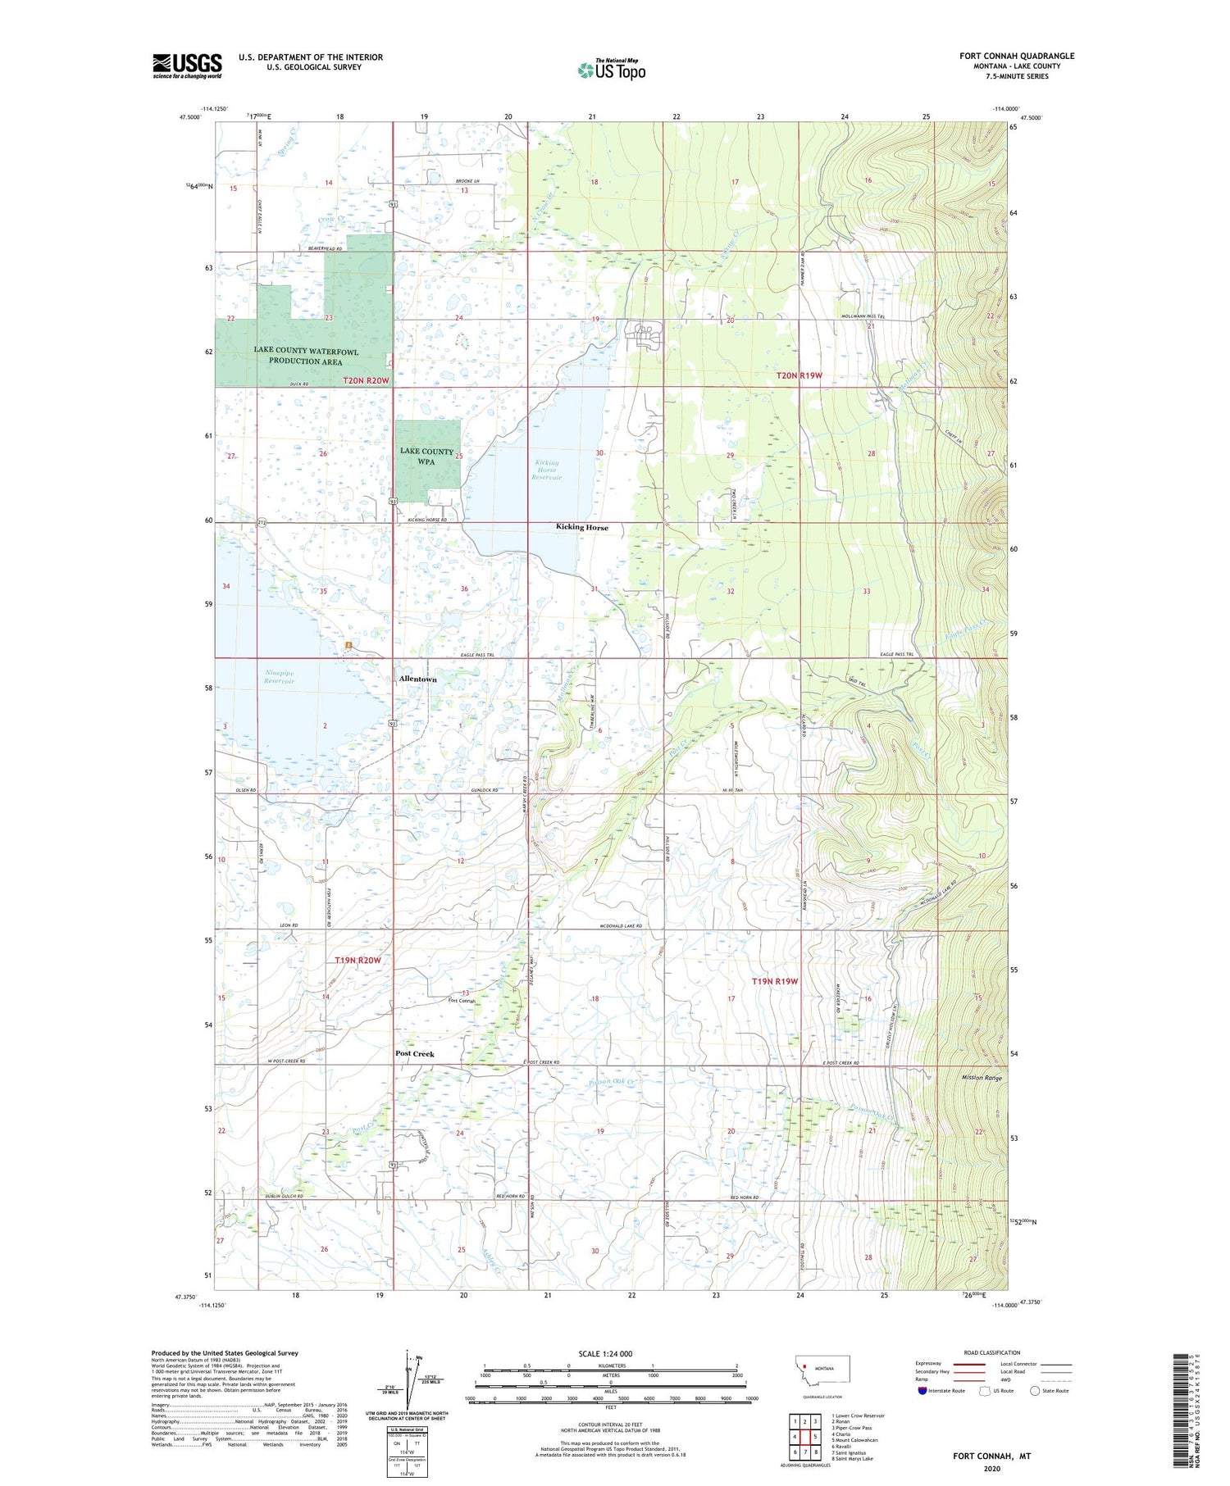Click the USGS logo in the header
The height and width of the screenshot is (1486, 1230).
coord(187,66)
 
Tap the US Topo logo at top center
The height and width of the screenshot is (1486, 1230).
coord(612,70)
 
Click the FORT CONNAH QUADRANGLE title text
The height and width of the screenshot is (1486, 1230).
coord(1017,56)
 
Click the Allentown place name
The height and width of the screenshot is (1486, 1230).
coord(417,679)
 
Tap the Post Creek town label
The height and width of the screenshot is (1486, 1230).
coord(415,1054)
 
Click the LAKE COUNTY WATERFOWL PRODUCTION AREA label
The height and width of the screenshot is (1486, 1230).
coord(306,357)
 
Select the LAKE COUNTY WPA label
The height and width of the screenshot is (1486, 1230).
coord(426,457)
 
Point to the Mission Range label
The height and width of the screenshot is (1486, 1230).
coord(982,1079)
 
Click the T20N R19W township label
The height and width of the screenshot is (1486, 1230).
coord(804,375)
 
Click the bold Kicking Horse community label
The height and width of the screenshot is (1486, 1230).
coord(582,528)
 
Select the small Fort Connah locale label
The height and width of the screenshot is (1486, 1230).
coord(462,1001)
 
